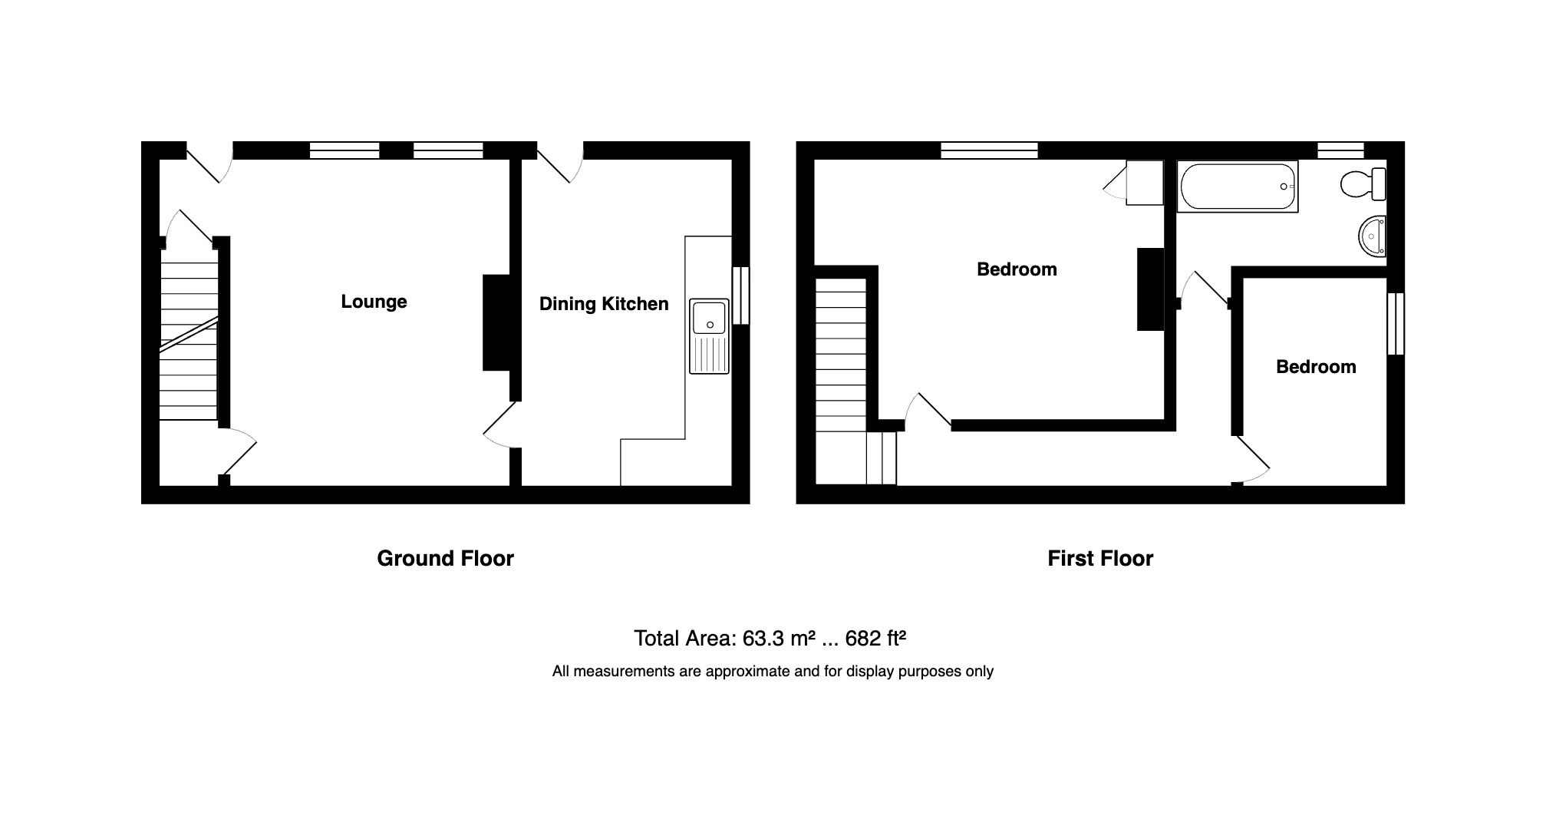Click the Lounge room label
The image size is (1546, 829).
(374, 302)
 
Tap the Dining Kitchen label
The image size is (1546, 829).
(604, 304)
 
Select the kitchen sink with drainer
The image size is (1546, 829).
(709, 336)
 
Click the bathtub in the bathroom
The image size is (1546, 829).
(1237, 187)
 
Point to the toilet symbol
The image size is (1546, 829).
(1363, 184)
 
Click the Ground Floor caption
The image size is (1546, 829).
(445, 558)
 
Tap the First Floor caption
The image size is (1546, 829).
(1099, 558)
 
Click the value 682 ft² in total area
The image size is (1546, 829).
(875, 638)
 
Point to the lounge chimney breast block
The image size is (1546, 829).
(496, 322)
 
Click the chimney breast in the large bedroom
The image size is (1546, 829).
(1150, 289)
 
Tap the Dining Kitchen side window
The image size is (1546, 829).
(740, 296)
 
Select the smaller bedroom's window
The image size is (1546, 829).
(1396, 323)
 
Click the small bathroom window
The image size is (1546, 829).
(1340, 150)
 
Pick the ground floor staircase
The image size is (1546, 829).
(188, 338)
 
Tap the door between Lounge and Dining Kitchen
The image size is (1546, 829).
(503, 424)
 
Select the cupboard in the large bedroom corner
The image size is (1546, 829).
(1144, 183)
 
